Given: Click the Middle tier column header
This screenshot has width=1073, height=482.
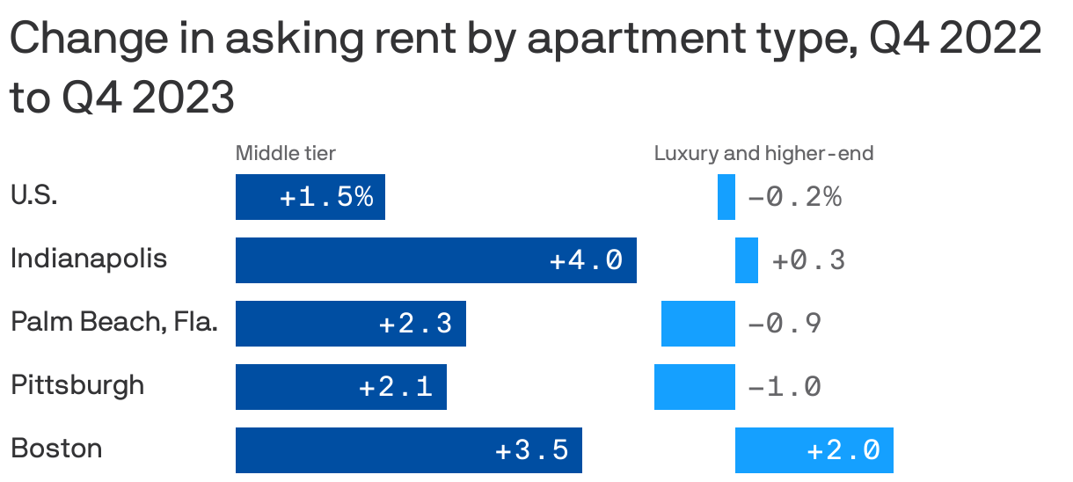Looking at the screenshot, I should coord(285,154).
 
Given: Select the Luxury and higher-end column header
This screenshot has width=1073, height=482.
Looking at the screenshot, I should coord(763,154).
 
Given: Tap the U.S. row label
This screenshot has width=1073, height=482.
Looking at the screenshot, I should coord(34,195).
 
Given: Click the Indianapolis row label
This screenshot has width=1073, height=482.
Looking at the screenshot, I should coord(89,259).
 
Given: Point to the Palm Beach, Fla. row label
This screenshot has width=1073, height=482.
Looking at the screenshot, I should coord(114,323).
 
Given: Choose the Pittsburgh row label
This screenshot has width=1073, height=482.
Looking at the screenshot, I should coord(77,385).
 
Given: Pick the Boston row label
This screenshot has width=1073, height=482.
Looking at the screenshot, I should coord(56,449).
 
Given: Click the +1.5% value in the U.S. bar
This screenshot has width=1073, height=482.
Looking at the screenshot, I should coord(326,197).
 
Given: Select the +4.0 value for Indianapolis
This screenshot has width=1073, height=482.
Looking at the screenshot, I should coord(587,260).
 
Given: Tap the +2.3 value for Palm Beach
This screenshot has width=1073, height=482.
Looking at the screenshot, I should coord(415,324).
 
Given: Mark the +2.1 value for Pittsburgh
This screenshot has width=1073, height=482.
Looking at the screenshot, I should coord(396,387).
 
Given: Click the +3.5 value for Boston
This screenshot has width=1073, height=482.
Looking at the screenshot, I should coord(532,450).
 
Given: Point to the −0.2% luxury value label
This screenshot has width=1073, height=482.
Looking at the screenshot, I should coord(794,197).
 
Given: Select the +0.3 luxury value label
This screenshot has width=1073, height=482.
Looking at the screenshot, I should coord(808,260).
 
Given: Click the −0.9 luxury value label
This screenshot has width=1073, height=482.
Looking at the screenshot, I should coord(785,324).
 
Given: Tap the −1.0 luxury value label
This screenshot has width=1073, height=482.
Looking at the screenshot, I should coord(785,387).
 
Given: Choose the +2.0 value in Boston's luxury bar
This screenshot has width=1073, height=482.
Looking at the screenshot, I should coord(843,450).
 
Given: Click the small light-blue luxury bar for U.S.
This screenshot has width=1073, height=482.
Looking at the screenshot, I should coord(726,197).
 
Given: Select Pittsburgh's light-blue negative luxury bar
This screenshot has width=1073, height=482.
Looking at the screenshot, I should coord(695,387).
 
